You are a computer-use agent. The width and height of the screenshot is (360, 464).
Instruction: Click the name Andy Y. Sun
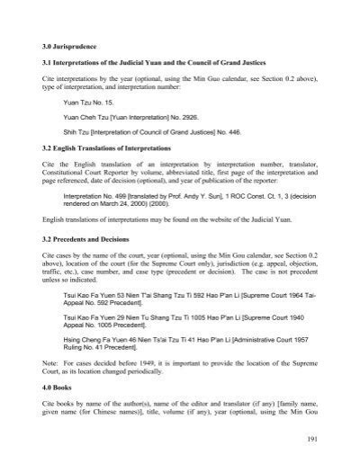[211, 196]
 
